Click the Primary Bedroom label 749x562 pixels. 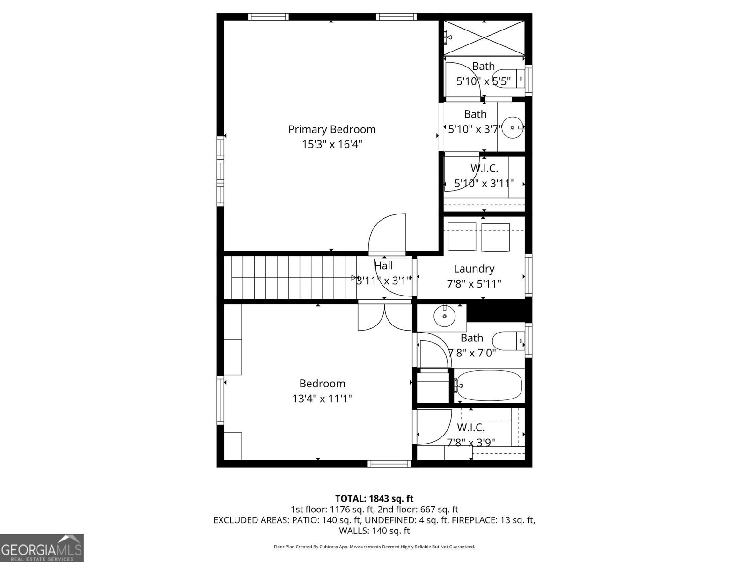pos(332,129)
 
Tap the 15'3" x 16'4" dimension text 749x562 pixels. pos(332,144)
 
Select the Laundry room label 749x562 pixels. pos(474,269)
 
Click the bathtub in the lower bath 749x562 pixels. pos(489,385)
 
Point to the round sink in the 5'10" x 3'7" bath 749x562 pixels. pos(513,127)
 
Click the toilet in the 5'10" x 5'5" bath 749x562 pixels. pos(509,79)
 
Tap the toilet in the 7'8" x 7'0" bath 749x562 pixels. pos(508,341)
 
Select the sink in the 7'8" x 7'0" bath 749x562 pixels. pos(444,316)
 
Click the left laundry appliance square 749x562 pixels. pos(462,237)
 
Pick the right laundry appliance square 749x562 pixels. pos(495,237)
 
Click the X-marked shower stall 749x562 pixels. pos(484,37)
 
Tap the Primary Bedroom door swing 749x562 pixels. pos(387,233)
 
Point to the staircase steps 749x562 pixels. pos(290,277)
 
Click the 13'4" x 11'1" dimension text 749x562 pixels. pos(322,399)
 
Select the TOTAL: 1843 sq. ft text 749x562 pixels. pos(374,498)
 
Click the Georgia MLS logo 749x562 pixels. pos(42,548)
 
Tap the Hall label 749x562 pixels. pos(383,266)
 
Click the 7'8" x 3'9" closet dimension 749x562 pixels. pos(471,443)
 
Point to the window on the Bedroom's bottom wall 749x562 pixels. pos(389,464)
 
